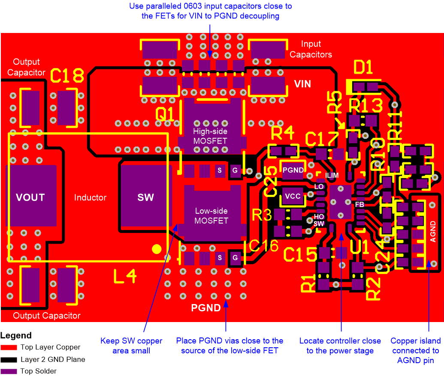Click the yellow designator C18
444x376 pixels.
point(66,76)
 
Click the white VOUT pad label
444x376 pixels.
point(30,197)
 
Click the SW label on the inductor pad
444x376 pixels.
point(145,197)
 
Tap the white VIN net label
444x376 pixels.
point(302,84)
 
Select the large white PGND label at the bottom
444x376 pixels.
point(206,307)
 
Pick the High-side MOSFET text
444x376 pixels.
point(210,136)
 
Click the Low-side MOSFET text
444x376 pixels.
point(211,216)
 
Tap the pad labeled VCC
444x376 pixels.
point(293,197)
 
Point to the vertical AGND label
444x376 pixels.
point(433,231)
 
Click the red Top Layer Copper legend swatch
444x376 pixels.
point(9,347)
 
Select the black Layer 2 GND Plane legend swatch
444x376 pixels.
point(9,359)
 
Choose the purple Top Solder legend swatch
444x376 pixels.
point(9,371)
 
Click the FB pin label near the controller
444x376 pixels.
point(359,205)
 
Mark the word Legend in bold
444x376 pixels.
point(16,335)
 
